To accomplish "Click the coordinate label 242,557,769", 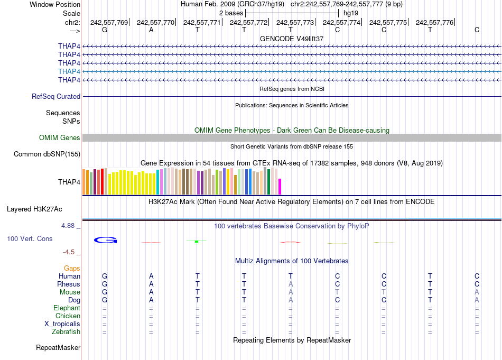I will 109,22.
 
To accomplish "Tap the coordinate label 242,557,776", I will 435,22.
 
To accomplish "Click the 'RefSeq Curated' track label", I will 56,97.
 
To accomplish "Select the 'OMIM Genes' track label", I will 60,138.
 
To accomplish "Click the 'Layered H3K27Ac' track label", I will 43,209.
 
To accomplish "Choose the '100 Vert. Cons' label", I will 30,239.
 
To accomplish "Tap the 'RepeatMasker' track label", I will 58,348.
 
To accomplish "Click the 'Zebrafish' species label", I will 66,332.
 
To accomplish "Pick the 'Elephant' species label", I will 67,308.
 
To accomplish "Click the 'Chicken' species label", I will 68,316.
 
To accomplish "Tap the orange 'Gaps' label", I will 72,269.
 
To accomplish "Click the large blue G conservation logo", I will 105,240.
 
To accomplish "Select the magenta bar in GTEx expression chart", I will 280,187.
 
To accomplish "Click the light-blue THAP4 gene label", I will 69,71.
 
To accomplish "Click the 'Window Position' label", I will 55,4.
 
